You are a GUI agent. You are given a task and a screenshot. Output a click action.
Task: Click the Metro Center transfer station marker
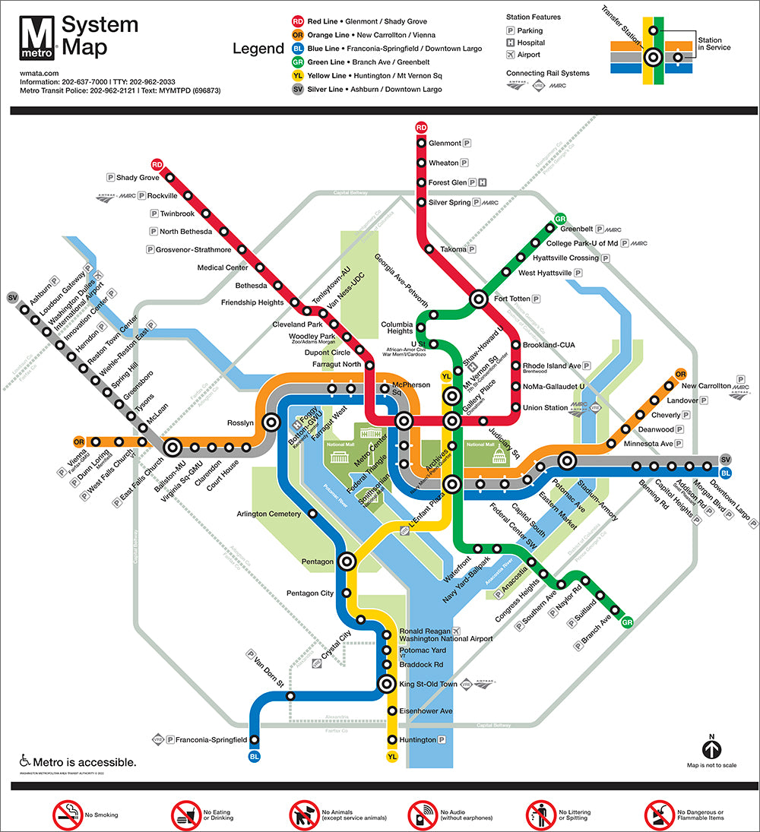[404, 420]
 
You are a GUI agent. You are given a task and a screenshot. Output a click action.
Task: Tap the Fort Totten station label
[511, 299]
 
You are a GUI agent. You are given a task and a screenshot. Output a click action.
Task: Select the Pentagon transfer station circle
[347, 562]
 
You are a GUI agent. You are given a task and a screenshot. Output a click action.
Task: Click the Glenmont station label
[445, 143]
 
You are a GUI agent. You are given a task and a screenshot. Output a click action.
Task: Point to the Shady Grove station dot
[170, 178]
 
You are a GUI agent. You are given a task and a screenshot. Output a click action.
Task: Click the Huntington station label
[417, 740]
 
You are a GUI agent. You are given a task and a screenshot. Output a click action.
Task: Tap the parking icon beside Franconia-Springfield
[170, 739]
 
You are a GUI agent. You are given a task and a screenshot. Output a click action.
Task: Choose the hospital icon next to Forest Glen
[483, 182]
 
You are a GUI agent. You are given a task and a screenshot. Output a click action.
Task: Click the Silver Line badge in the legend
[297, 90]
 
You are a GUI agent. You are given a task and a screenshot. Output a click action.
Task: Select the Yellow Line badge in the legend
[297, 76]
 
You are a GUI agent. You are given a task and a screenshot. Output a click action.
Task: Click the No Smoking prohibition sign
[67, 815]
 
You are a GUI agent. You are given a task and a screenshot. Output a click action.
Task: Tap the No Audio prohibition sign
[423, 815]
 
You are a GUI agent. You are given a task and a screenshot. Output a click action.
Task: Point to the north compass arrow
[711, 749]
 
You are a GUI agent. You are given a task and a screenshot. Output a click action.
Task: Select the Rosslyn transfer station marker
[270, 422]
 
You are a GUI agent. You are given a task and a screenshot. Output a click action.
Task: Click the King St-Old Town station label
[428, 685]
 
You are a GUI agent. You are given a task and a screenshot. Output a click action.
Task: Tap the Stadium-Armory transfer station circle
[566, 460]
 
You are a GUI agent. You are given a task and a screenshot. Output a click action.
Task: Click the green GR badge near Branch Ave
[627, 623]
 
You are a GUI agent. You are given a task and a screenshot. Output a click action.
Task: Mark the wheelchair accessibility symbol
[24, 761]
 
